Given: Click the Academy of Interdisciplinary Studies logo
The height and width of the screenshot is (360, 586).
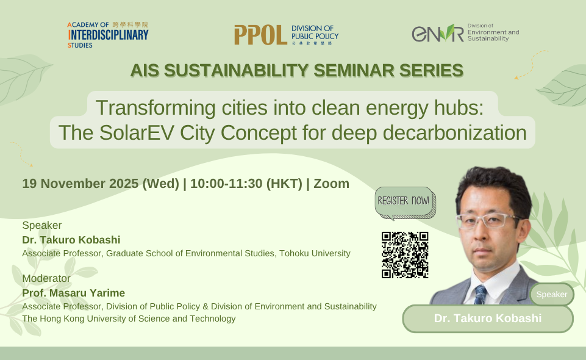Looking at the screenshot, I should point(108,34).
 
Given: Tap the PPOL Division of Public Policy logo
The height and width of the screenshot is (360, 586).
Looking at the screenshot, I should point(286,35).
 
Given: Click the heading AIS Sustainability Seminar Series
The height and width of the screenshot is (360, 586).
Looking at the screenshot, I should point(296,71).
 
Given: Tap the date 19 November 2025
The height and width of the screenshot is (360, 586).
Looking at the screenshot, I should point(100,184).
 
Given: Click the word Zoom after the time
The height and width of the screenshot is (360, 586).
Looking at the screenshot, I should point(332,184).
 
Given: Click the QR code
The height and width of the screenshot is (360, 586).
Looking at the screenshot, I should point(405,255).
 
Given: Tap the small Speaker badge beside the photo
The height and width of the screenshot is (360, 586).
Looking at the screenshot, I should point(551,295).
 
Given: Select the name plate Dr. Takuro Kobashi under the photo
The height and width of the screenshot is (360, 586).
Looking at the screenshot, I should point(487,319).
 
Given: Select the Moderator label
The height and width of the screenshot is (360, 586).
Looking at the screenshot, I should point(46,279).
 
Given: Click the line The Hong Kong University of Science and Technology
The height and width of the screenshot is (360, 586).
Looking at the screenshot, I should point(129,319).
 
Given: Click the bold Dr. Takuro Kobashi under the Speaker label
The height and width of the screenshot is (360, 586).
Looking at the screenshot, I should point(71,240).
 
